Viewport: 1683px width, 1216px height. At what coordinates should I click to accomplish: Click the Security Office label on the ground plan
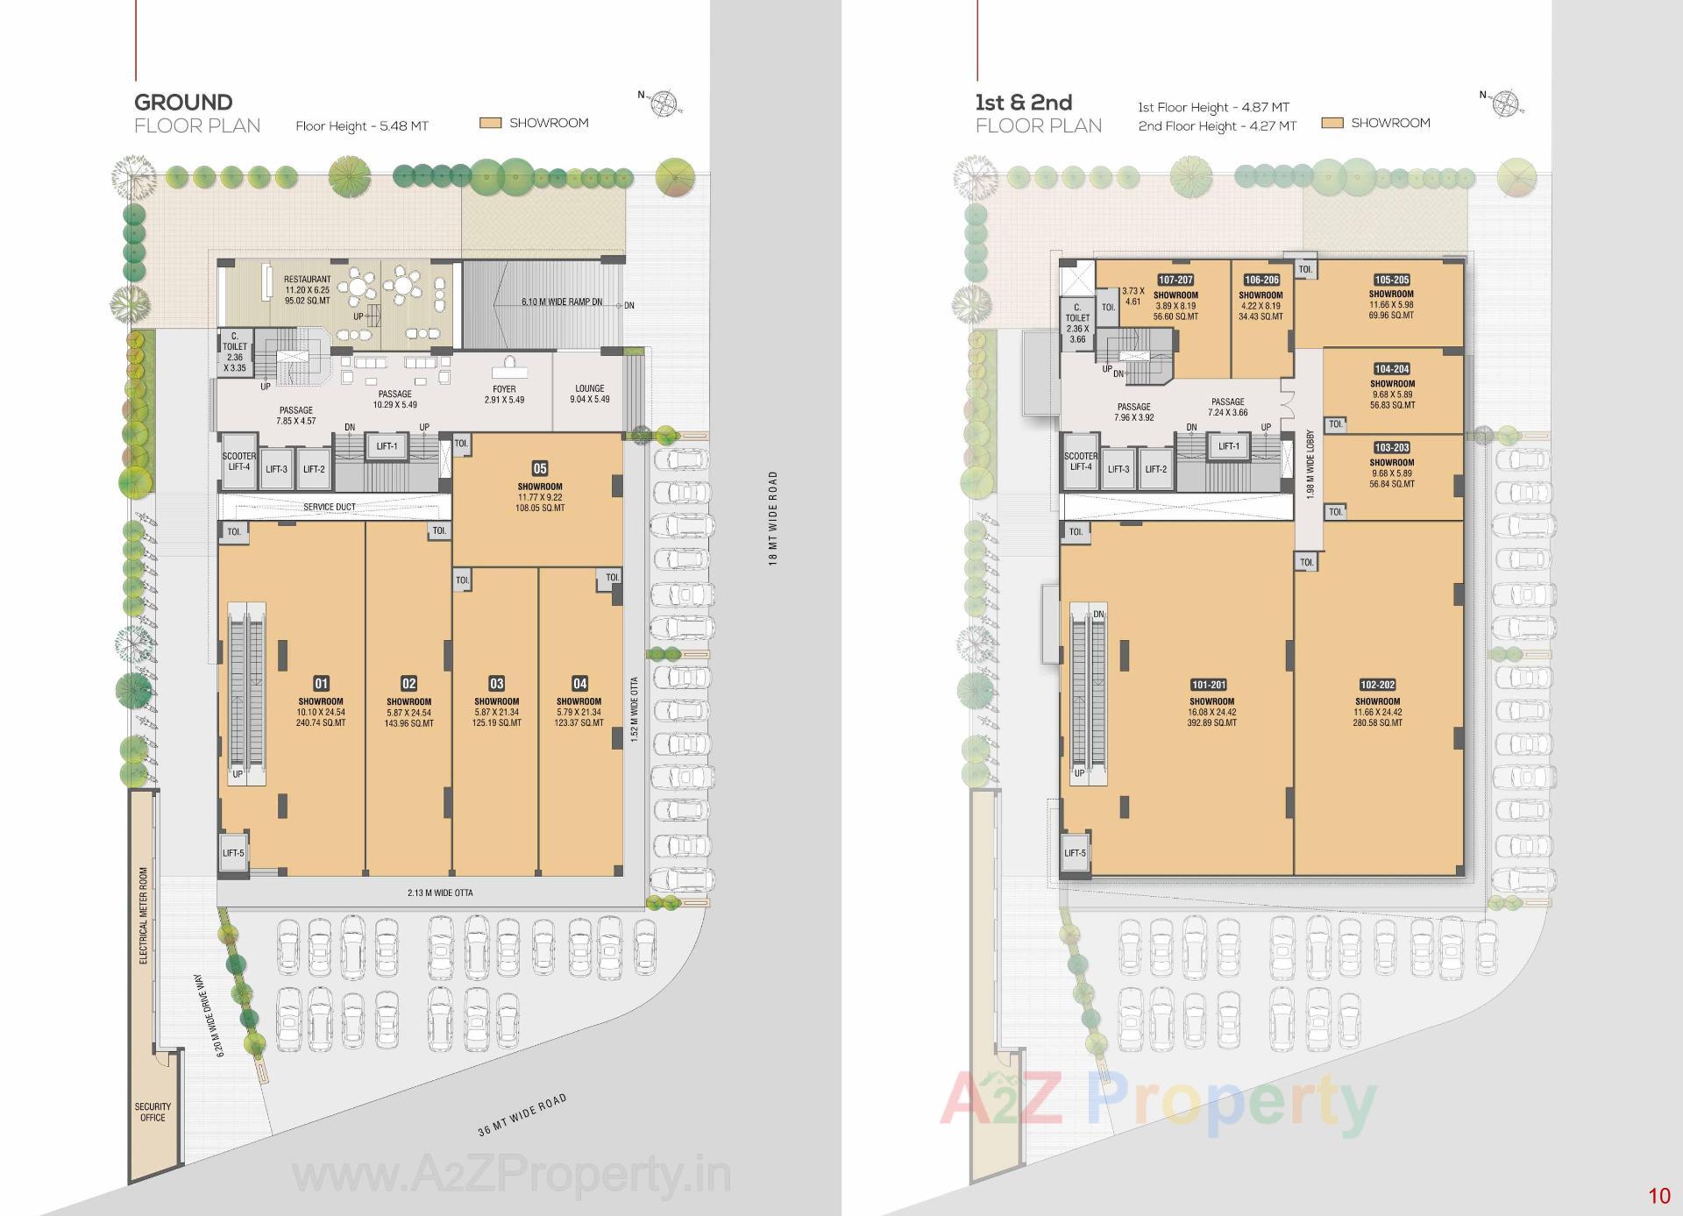[153, 1112]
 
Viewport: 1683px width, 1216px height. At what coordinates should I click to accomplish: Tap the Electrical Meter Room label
[144, 915]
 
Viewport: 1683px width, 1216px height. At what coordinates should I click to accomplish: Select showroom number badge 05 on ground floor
[540, 468]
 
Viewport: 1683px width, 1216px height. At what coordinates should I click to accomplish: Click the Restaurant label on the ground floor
[307, 280]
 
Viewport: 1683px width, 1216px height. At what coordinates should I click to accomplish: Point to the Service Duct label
[330, 507]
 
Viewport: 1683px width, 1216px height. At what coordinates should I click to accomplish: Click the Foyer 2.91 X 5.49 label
[504, 394]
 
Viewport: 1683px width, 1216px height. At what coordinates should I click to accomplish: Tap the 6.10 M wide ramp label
[561, 302]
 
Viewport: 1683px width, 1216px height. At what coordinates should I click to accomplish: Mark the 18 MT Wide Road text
[773, 518]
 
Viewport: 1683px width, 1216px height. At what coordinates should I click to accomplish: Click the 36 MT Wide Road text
[522, 1114]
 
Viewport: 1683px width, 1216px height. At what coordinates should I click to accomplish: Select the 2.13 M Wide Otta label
[440, 892]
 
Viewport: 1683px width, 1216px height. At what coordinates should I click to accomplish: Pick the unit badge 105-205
[1391, 280]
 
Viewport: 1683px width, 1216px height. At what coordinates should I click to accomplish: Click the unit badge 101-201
[1208, 685]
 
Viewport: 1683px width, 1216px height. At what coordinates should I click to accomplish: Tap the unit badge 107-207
[1175, 280]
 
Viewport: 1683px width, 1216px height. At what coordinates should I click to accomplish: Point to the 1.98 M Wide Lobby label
[1310, 466]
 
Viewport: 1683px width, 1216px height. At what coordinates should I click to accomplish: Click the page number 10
[1658, 1195]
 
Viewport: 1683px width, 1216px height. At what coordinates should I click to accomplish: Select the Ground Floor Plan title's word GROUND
[183, 102]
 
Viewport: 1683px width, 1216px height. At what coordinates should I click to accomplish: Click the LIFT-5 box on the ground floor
[233, 853]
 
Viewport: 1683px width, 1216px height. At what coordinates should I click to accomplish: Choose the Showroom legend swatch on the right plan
[1332, 124]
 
